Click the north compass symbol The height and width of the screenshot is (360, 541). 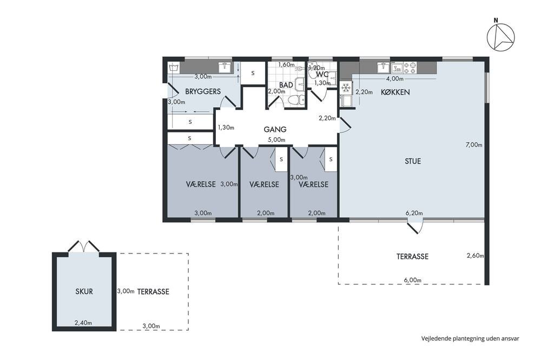tap(500, 37)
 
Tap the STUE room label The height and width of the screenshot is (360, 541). tap(413, 161)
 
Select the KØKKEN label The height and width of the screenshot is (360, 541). tap(395, 92)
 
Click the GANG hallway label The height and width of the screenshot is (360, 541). tap(275, 129)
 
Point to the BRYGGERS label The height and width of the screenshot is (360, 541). tap(203, 91)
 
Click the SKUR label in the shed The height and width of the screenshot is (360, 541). tap(84, 291)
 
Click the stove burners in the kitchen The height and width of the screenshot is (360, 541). tap(410, 68)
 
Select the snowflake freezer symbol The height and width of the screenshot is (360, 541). tap(346, 88)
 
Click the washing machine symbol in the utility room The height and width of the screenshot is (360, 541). tap(174, 67)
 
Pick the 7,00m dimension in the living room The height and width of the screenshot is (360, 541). tap(474, 145)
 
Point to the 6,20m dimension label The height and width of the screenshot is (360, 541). tap(414, 213)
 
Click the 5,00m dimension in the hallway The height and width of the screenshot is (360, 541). tap(277, 140)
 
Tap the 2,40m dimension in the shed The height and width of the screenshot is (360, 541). tap(83, 323)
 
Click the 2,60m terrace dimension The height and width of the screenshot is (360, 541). tap(476, 256)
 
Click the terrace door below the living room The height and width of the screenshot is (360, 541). tap(414, 227)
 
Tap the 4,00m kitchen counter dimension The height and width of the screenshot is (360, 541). tap(395, 78)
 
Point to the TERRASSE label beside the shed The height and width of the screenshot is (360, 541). tap(153, 292)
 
